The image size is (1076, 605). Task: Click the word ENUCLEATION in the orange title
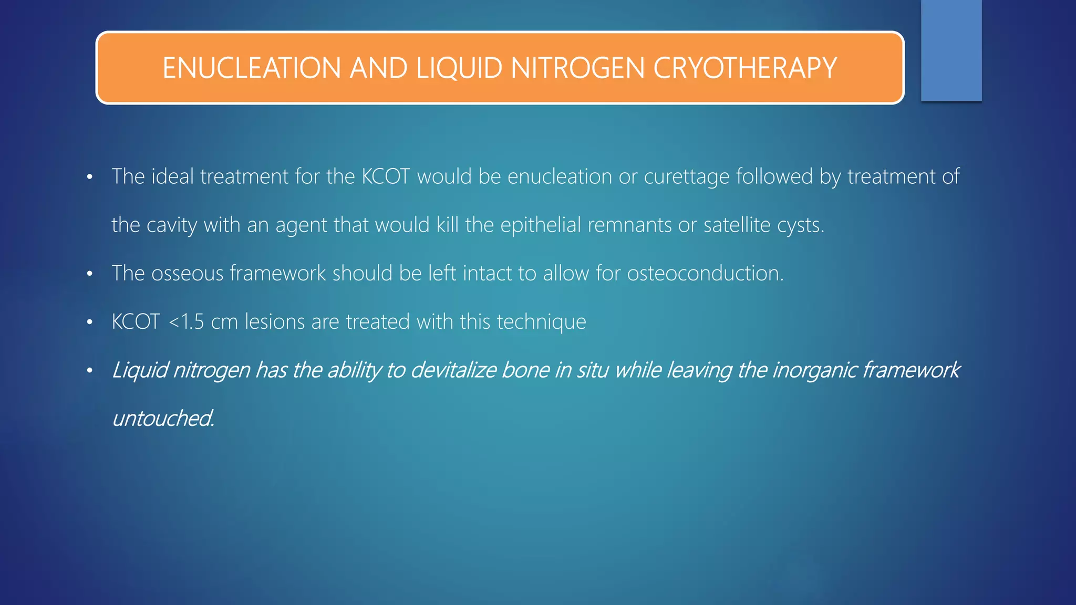(252, 68)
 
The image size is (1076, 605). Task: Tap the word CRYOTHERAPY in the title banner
(744, 68)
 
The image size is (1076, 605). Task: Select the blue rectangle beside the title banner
(951, 50)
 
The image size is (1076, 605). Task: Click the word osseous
(187, 274)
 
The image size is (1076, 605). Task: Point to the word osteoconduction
(705, 274)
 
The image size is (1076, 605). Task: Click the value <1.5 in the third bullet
(186, 322)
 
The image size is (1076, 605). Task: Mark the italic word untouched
(163, 419)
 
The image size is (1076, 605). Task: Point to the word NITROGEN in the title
(577, 68)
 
